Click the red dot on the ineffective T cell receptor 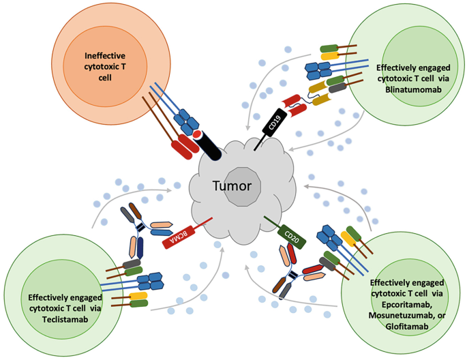[195, 133]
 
